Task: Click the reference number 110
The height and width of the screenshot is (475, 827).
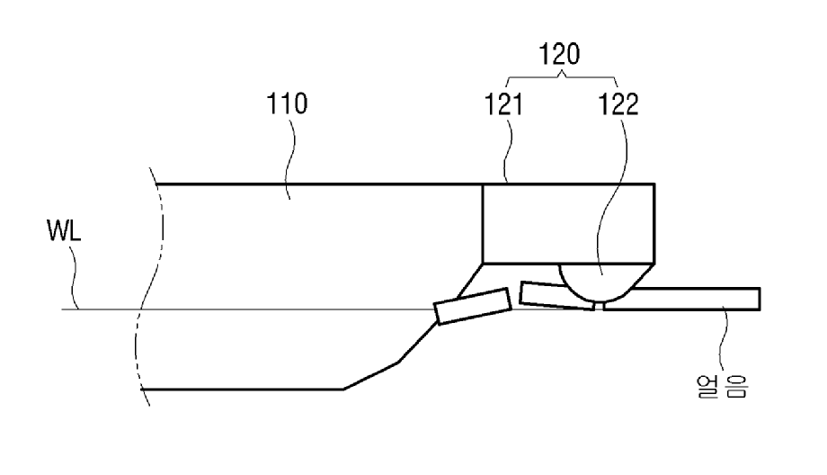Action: click(287, 103)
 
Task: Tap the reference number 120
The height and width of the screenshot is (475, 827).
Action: click(559, 54)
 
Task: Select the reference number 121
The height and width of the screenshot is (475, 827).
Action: click(503, 104)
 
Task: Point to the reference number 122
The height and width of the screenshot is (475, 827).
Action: click(618, 104)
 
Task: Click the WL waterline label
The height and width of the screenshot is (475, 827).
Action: click(64, 230)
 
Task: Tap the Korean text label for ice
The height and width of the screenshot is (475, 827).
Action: click(722, 386)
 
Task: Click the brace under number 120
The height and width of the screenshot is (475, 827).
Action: click(561, 78)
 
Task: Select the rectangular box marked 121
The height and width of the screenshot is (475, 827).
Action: click(568, 223)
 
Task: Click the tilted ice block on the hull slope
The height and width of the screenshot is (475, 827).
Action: click(473, 306)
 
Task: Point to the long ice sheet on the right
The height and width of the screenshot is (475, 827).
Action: click(686, 300)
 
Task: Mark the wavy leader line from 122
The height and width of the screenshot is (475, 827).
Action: click(612, 196)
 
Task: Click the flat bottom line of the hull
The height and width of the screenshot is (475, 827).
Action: click(243, 389)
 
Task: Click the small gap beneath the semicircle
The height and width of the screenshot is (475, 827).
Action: click(600, 305)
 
